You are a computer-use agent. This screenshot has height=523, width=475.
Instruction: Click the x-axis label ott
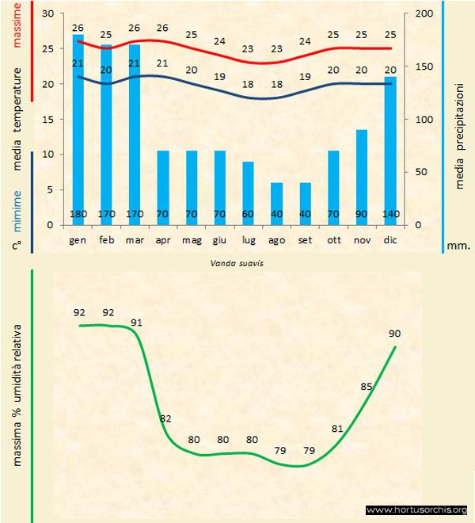click(x=333, y=239)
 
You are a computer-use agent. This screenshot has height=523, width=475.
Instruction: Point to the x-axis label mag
click(x=191, y=239)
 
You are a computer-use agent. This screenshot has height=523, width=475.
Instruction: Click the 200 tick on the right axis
click(x=424, y=14)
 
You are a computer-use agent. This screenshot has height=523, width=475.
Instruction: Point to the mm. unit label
click(x=458, y=246)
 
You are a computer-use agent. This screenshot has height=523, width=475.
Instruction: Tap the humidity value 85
click(x=366, y=387)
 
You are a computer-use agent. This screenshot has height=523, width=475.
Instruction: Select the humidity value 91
click(x=137, y=323)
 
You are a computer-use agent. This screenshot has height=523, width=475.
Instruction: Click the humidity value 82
click(x=165, y=418)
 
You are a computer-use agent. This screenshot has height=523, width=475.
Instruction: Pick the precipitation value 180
click(x=78, y=214)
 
